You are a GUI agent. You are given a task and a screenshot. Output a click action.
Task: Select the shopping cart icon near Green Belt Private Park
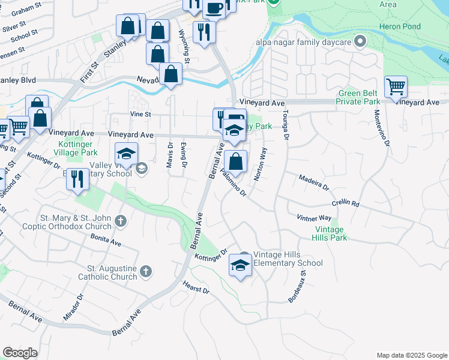[396, 87]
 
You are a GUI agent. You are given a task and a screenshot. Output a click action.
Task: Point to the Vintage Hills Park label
[330, 233]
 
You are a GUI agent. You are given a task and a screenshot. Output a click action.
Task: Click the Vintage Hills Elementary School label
[288, 259]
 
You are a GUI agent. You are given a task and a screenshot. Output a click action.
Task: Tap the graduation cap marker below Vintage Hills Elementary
[240, 266]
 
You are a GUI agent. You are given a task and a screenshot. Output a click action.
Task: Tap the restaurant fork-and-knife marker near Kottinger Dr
[78, 179]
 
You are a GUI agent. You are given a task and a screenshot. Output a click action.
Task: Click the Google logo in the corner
[20, 353]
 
